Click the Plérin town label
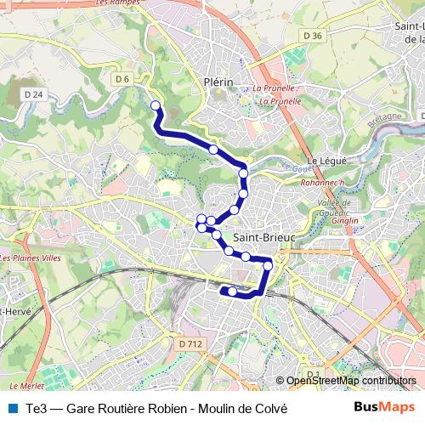coord(218,82)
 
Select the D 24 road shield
coord(34,93)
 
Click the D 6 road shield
coord(122,79)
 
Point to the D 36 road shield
coord(313,35)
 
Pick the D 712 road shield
coord(191,343)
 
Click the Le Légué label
coord(324,160)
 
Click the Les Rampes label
coord(120,3)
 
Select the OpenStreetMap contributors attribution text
coord(350,381)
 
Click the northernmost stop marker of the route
coord(156,105)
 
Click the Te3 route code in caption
coord(37,408)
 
